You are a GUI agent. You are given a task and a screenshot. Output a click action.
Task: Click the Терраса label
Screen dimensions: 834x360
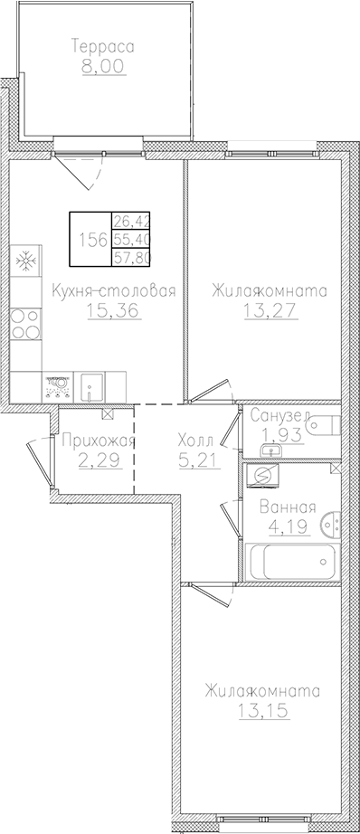[x=102, y=45]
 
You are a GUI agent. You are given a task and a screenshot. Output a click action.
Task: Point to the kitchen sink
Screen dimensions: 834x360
[x=91, y=386]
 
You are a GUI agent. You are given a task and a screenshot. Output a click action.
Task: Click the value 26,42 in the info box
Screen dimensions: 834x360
[x=131, y=221]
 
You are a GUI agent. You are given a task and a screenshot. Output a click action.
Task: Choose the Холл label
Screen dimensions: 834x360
[x=195, y=441]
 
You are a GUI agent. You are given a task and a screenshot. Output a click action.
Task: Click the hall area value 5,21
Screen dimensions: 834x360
[x=194, y=459]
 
